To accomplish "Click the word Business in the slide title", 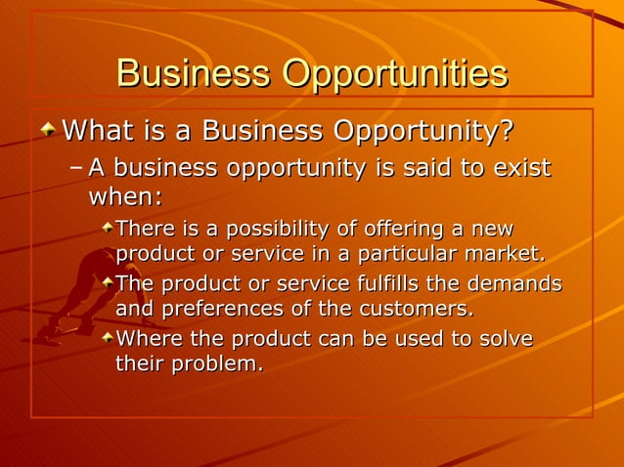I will pos(193,75).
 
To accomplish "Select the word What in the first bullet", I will pos(97,130).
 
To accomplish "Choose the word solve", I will pos(508,339).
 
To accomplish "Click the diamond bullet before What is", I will pos(49,129).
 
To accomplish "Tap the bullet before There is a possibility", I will pos(107,229).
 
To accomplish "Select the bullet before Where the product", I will pos(107,338).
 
